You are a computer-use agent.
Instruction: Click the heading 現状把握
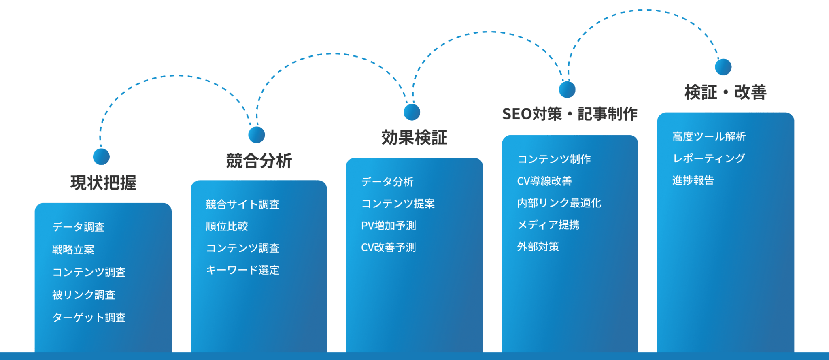tap(103, 183)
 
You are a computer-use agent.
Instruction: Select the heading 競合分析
tap(259, 161)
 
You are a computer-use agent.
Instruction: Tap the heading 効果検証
tap(414, 138)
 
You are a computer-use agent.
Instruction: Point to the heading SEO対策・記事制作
tap(570, 114)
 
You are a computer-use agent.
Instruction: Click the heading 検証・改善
tap(725, 92)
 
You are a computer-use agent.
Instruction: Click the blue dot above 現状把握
tap(101, 156)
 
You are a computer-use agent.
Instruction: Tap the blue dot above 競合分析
tap(256, 134)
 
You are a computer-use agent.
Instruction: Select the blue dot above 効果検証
tap(412, 112)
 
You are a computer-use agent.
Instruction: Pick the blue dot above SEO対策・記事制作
tap(567, 89)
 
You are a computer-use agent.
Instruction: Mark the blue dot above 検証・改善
tap(723, 67)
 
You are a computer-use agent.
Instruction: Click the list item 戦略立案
tap(73, 249)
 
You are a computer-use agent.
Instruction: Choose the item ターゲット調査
tap(89, 317)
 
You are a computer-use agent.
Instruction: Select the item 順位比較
tap(227, 226)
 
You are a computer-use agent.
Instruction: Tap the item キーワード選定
tap(242, 270)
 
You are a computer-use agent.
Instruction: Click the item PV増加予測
tap(389, 226)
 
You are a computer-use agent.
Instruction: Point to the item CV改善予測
tap(389, 247)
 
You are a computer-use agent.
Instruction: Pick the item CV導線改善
tap(544, 181)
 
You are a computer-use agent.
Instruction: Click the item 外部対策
tap(538, 247)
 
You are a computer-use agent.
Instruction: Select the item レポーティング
tap(708, 158)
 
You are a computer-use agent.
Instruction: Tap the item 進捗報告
tap(693, 180)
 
